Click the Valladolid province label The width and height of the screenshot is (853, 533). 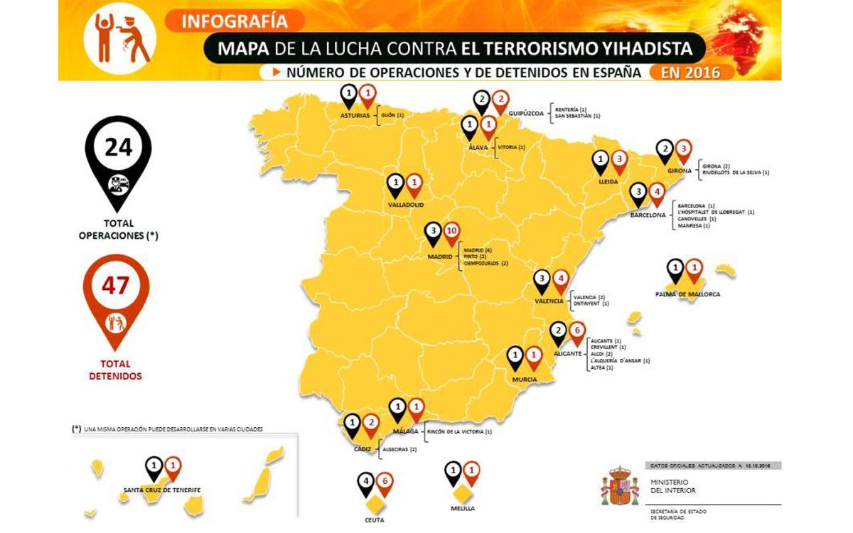click(406, 205)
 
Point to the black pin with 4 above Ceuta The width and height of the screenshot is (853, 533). click(365, 483)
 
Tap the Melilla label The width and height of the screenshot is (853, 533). click(462, 509)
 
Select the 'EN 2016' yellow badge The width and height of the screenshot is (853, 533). click(690, 72)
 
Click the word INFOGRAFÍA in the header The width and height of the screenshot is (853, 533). click(235, 21)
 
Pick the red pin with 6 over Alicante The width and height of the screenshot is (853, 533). click(578, 332)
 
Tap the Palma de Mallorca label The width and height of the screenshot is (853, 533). click(687, 294)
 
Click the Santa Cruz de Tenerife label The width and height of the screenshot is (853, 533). click(161, 490)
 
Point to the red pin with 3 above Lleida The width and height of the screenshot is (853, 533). click(619, 161)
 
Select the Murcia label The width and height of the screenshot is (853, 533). click(525, 379)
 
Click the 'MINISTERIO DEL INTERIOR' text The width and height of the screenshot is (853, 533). click(672, 486)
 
